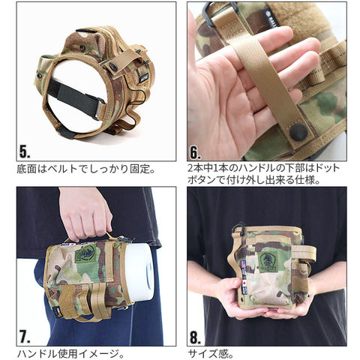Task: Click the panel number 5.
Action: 25,151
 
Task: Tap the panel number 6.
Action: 196,151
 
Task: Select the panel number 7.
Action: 25,337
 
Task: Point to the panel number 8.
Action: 196,337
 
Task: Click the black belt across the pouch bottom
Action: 75,97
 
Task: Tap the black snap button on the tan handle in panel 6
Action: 298,132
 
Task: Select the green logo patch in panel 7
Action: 85,253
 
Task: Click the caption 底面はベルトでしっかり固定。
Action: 85,169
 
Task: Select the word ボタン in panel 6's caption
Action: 200,180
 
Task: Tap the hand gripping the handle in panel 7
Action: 85,215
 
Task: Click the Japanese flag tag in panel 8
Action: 244,283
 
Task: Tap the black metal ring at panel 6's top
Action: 220,13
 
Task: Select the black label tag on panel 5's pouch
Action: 144,78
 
